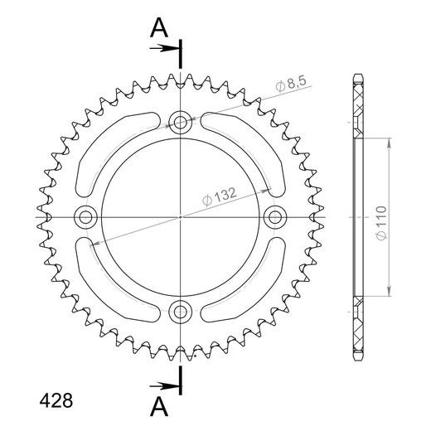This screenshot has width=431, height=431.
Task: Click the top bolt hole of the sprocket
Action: click(x=180, y=123)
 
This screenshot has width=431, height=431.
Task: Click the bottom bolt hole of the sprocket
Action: click(x=180, y=312)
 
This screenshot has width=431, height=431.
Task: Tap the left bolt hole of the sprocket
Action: click(x=85, y=217)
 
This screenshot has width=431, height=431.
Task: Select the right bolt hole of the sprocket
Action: click(x=274, y=217)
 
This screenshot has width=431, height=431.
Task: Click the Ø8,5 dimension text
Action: click(x=293, y=84)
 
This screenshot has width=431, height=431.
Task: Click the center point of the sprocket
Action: click(x=180, y=217)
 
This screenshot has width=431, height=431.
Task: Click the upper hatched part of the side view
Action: click(x=358, y=108)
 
